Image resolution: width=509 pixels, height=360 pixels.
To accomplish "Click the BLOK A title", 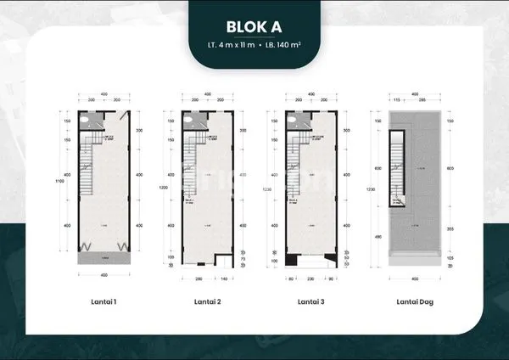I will (255, 25).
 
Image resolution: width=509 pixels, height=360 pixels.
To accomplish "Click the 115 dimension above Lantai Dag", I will (396, 101).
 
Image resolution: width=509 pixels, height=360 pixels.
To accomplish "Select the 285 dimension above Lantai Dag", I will (421, 101).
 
